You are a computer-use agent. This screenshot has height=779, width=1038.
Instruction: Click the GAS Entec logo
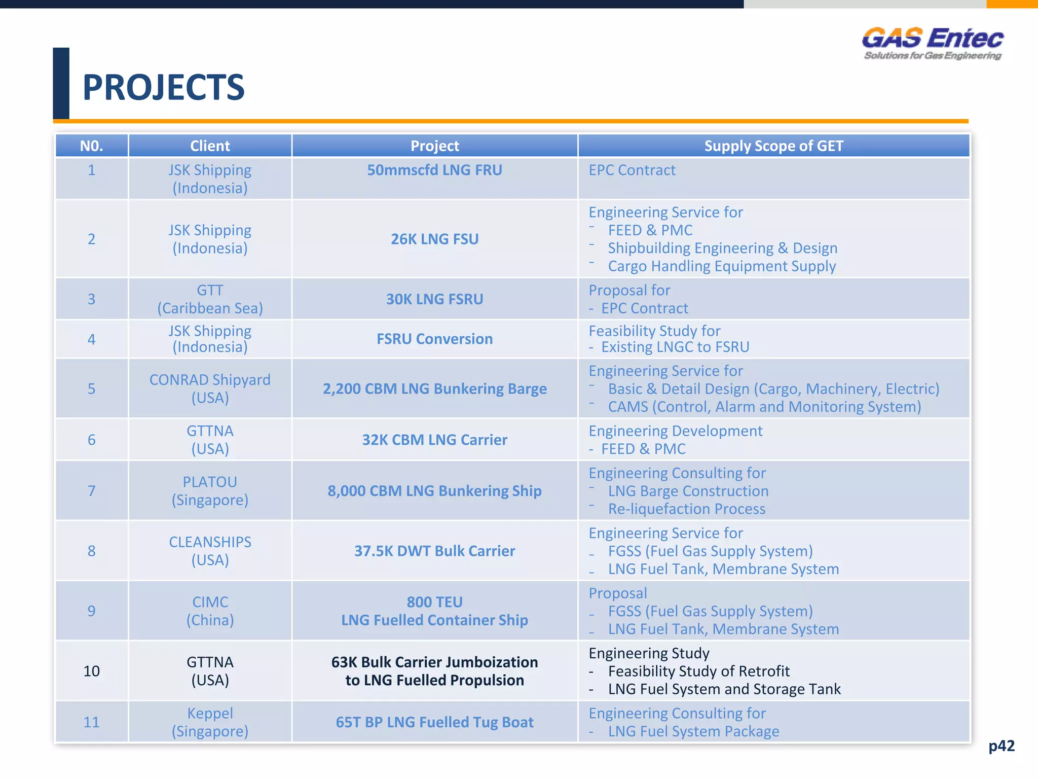point(933,43)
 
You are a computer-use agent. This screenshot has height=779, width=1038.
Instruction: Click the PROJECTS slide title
point(163,87)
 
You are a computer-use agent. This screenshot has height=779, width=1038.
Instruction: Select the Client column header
point(210,146)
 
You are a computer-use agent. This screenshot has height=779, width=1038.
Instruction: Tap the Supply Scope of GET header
point(773,146)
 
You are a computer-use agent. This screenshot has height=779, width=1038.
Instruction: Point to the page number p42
point(1002,746)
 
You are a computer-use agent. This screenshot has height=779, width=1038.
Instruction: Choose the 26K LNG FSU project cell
point(434,239)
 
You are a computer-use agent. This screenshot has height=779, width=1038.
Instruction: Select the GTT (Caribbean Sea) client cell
point(210,299)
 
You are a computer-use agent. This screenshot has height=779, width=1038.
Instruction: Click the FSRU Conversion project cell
point(434,339)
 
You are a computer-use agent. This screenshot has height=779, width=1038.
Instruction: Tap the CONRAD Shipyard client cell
point(210,388)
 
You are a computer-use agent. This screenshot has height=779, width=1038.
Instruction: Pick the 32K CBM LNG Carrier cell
point(434,440)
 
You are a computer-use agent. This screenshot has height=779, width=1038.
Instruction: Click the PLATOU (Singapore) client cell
point(210,490)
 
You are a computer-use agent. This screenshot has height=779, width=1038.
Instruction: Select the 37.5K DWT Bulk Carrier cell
point(434,551)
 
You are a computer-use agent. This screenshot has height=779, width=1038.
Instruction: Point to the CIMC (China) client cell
point(210,611)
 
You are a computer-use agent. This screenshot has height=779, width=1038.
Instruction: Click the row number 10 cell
point(92,671)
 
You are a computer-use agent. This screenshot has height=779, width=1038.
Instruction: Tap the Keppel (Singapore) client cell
point(210,722)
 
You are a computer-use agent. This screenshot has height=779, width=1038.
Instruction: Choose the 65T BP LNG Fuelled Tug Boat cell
point(434,722)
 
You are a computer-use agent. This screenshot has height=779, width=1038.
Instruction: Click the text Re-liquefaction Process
point(686,509)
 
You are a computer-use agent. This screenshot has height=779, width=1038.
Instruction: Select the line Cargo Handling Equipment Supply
point(722,266)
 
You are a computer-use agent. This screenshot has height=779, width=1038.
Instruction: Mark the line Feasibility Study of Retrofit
point(698,671)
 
